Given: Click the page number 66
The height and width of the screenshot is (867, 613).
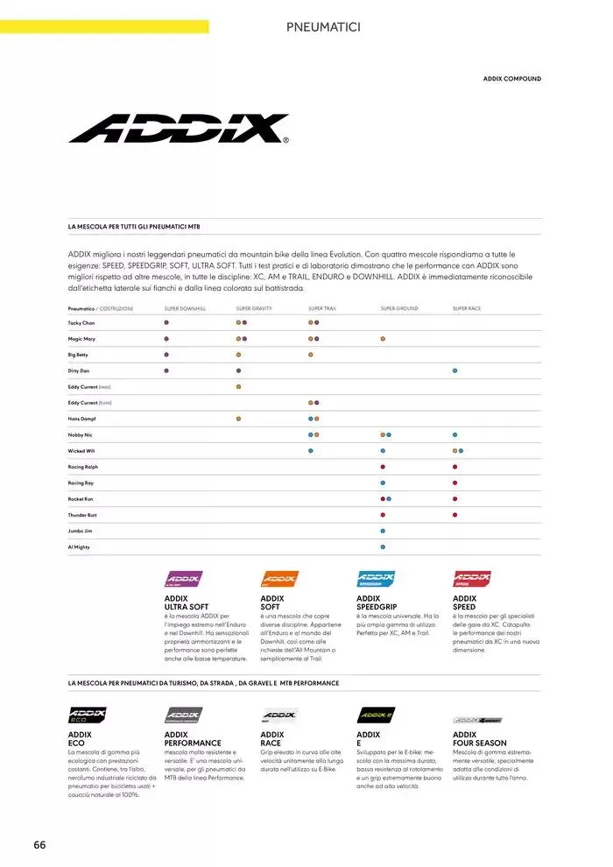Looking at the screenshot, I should click(x=39, y=844).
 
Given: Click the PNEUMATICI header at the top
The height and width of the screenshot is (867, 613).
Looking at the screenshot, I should click(x=323, y=27).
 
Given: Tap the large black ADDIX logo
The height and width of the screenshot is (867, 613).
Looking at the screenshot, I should click(x=179, y=129).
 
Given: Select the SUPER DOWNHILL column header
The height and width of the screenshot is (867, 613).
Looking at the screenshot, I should click(x=185, y=308).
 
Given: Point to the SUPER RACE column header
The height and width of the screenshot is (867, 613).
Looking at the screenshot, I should click(x=466, y=308).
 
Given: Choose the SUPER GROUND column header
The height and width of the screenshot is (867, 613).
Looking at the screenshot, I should click(x=399, y=308).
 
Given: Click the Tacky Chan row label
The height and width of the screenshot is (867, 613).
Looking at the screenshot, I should click(x=81, y=323).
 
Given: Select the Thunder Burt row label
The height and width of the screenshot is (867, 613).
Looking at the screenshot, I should click(x=84, y=515).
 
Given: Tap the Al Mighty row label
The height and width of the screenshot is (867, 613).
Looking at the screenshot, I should click(x=79, y=546).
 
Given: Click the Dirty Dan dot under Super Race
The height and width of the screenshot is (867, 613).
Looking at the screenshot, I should click(x=454, y=370).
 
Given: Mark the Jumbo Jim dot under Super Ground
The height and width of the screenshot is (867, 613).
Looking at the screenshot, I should click(x=383, y=531).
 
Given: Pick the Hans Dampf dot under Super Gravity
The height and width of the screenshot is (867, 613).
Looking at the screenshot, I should click(x=238, y=419).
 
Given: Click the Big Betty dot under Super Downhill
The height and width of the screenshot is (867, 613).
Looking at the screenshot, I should click(x=166, y=355).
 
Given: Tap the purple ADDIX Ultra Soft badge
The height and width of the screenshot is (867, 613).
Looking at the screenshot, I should click(x=184, y=579).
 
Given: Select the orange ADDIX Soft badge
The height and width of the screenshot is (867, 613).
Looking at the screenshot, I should click(x=279, y=579).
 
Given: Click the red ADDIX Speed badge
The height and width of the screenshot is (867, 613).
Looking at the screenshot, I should click(x=471, y=579).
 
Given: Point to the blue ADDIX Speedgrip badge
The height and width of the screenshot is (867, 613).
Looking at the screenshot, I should click(x=376, y=579).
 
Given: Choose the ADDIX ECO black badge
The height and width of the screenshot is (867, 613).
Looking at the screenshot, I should click(x=87, y=715).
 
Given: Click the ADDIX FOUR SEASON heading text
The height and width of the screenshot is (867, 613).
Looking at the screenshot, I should click(x=479, y=739).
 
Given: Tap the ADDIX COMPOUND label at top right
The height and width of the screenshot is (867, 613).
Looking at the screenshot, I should click(x=511, y=79).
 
